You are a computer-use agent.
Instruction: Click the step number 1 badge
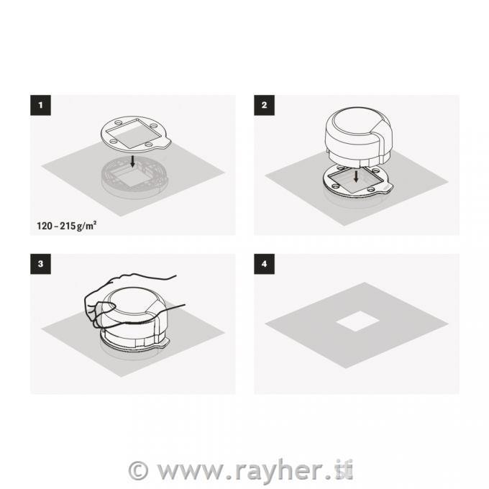pos(40,105)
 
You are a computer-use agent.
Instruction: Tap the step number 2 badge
pos(264,105)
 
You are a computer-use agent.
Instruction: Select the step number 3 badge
pos(40,264)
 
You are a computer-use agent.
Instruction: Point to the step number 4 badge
pos(264,264)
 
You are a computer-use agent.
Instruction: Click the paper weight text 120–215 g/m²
pos(66,226)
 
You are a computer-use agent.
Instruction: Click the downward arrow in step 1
pos(132,161)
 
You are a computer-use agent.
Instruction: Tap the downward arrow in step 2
pos(356,176)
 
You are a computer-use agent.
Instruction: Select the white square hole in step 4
pos(357,321)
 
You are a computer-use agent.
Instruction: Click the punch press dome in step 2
pos(359,134)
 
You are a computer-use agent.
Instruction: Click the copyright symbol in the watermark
pos(138,470)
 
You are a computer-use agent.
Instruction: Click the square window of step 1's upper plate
pos(134,134)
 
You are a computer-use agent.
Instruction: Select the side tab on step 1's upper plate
pos(165,144)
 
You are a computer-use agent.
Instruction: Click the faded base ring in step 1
pos(134,178)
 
